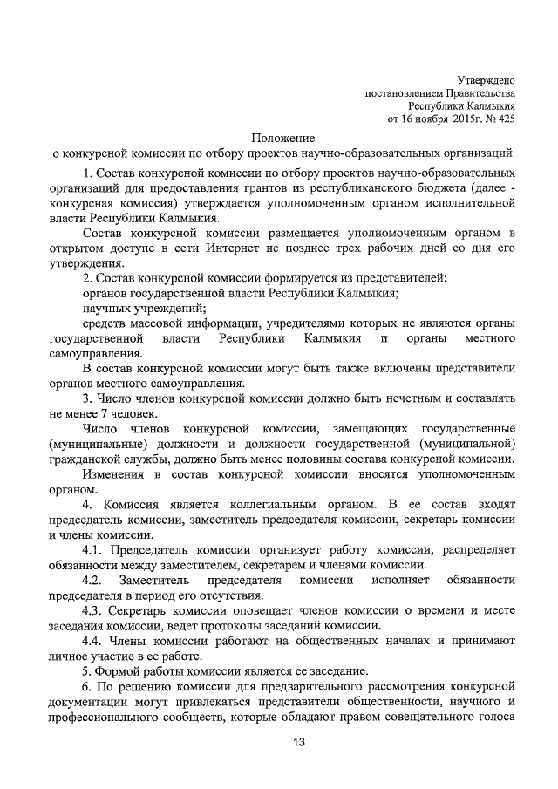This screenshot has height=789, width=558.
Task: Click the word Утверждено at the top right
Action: (486, 79)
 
